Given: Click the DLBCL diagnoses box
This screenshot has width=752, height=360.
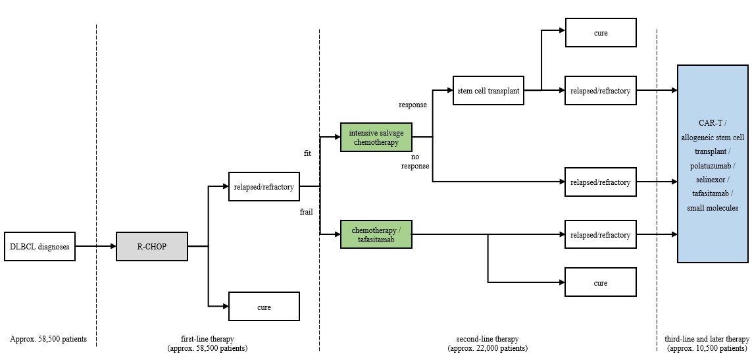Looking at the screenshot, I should (x=39, y=247).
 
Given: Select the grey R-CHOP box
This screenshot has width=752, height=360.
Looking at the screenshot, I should (x=151, y=247).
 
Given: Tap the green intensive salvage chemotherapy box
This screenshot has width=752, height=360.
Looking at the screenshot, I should (x=376, y=138).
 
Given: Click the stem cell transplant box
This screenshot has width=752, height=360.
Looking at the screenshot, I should (x=488, y=91).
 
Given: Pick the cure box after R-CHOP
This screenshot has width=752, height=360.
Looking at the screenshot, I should (x=264, y=307).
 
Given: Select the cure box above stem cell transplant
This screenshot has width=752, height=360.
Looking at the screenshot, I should (x=601, y=33).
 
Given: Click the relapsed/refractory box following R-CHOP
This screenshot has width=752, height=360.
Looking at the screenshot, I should (x=264, y=187).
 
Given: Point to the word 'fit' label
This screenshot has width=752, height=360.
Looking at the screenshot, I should (x=307, y=153).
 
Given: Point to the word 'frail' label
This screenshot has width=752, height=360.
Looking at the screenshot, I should (x=306, y=212).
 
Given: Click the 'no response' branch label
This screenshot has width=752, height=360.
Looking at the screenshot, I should (x=414, y=162).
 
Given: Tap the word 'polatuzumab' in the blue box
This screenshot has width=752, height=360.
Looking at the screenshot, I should (x=713, y=165).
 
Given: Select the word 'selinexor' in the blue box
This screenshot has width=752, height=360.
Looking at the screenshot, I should (x=713, y=180).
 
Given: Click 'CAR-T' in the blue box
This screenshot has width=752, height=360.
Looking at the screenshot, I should (x=713, y=123).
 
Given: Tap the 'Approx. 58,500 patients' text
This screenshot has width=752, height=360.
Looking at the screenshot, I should (x=48, y=340).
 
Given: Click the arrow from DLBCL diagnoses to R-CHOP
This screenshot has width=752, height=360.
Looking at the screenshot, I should (x=95, y=247).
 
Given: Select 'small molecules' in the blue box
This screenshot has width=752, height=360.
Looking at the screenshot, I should (x=713, y=208).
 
